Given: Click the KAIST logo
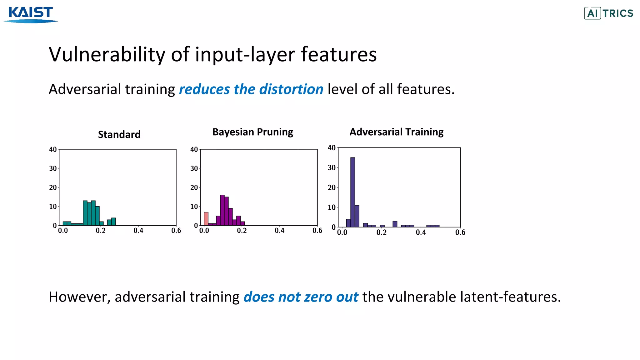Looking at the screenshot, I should point(31,14).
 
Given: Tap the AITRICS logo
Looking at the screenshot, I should point(608,13).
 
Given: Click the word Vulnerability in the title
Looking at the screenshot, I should point(107,55).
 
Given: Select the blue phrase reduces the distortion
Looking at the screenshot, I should point(251,89).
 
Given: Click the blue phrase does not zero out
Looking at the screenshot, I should point(301,297).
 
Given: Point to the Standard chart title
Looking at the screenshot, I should point(119,134).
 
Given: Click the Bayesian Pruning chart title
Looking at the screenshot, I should point(252,132).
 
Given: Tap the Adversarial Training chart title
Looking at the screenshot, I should point(396,132).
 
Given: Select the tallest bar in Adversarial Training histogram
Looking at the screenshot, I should point(352,192).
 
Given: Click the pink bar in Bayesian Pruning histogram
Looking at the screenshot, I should point(206,219).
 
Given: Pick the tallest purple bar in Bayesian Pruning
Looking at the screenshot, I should point(222,210).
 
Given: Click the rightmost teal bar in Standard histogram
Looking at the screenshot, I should point(113,222).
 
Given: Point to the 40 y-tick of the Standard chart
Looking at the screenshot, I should point(53,149).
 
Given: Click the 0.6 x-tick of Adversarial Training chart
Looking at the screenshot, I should point(460,232).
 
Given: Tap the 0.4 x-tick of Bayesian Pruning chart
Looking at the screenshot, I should point(279,231).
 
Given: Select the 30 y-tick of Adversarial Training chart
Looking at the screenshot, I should point(331,167).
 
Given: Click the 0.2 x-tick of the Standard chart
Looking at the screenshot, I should point(101,231).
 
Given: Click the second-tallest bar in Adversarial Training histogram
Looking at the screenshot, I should point(357,216).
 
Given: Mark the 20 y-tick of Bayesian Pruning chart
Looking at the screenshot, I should point(194,187).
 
